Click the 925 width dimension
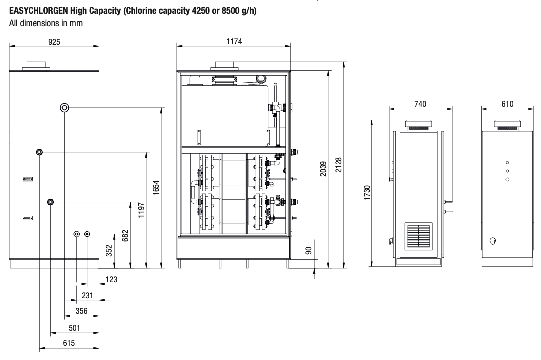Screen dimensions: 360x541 click(55, 42)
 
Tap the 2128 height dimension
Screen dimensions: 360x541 click(339, 164)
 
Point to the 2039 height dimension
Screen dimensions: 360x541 click(323, 169)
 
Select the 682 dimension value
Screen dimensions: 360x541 click(125, 235)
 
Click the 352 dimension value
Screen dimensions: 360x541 click(109, 250)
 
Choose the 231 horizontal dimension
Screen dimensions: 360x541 click(87, 295)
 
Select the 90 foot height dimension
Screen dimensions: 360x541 click(309, 251)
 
